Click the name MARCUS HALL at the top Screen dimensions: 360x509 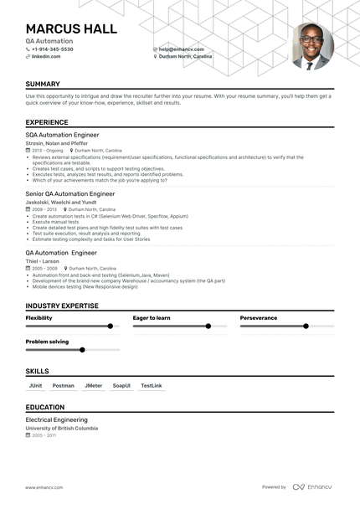click(x=71, y=28)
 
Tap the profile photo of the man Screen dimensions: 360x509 click(x=311, y=46)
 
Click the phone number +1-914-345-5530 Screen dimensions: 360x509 click(x=53, y=49)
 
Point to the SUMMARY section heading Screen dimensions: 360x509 click(x=43, y=85)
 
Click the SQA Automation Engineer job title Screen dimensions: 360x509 click(x=62, y=134)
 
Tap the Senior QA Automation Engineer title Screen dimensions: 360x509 click(x=70, y=193)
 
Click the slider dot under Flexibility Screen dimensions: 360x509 click(x=111, y=326)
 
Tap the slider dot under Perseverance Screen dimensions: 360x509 click(x=306, y=326)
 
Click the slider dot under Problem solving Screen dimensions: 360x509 click(x=82, y=349)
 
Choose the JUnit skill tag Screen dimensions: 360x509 click(x=36, y=385)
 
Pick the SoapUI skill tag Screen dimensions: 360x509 click(x=121, y=385)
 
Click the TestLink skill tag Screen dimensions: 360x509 click(x=152, y=385)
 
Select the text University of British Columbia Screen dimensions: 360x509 click(x=61, y=428)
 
